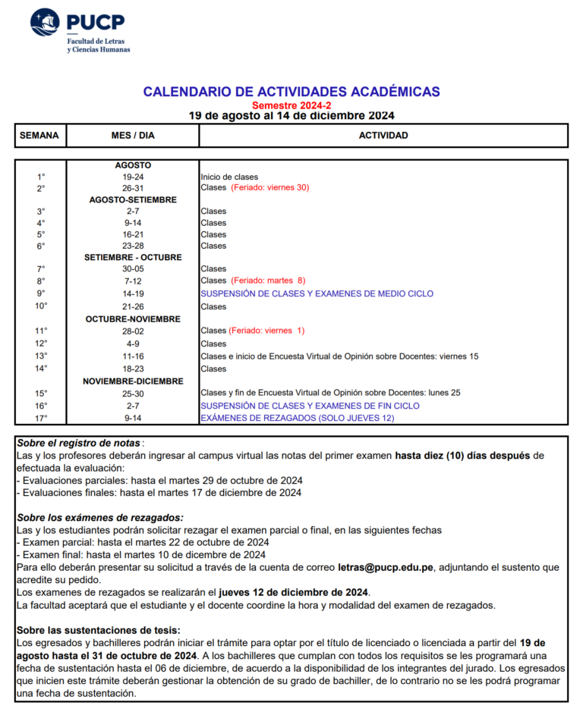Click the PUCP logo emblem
(x=45, y=23)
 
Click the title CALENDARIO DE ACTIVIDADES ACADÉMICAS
(x=291, y=92)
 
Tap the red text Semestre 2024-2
(x=291, y=105)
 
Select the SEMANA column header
(x=39, y=136)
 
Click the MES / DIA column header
(x=133, y=136)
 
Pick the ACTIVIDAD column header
(x=383, y=136)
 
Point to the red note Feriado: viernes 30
(x=270, y=187)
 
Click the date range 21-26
(x=133, y=306)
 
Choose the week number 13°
(x=41, y=356)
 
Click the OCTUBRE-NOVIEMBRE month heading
(x=133, y=319)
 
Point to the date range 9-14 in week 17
(x=133, y=418)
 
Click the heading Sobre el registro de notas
(x=79, y=443)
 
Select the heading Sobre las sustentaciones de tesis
(x=99, y=630)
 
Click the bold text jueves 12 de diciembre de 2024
(x=294, y=592)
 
